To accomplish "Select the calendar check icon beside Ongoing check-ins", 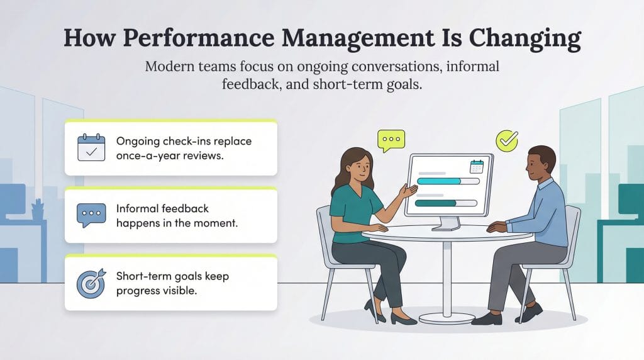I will tap(91, 148).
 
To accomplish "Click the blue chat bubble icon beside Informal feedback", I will tap(91, 215).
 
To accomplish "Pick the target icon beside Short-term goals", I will tap(91, 283).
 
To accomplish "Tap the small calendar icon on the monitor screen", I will tap(476, 166).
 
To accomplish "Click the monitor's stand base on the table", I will tap(448, 226).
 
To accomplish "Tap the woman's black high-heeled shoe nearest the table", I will tap(402, 317).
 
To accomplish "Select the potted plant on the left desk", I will tap(38, 208).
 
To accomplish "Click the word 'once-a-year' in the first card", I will tap(147, 155).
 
